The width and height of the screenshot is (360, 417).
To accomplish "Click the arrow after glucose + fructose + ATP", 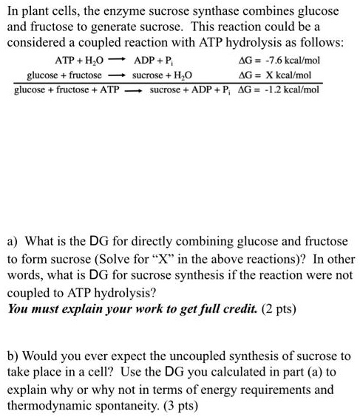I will [134, 91].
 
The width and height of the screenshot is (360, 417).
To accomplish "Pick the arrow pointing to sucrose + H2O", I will [117, 76].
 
